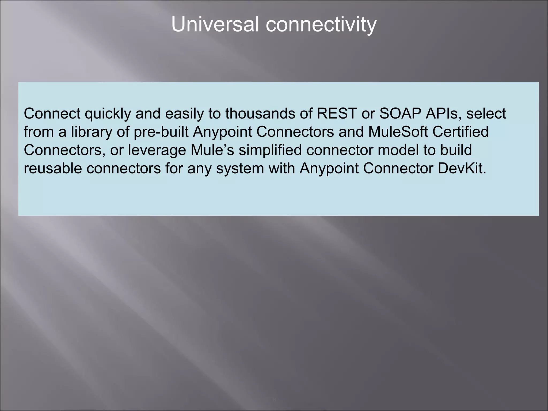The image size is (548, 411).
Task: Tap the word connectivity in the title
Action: (321, 25)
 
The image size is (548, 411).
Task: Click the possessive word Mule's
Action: (212, 150)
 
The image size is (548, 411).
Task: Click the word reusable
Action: (53, 168)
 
